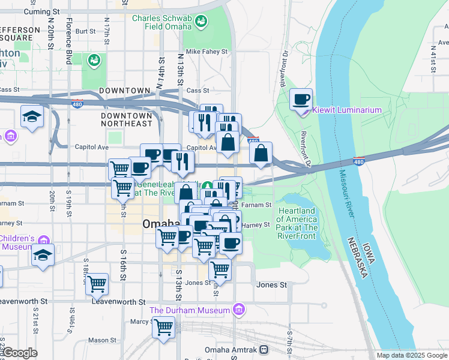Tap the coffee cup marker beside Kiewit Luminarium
301,99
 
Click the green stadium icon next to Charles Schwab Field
201,23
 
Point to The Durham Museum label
190,310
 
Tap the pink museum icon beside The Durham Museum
239,310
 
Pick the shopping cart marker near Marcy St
163,328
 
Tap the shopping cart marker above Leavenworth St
97,284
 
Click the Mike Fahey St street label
207,52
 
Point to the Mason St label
101,340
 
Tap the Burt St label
86,31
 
